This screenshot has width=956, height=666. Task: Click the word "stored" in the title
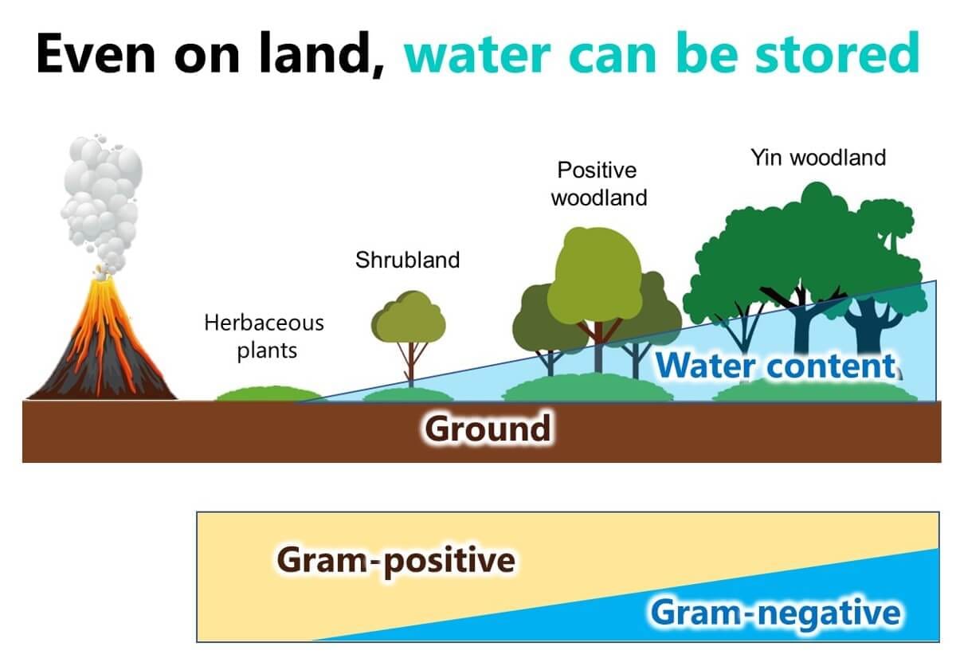(837, 53)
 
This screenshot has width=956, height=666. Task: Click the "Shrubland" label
(408, 260)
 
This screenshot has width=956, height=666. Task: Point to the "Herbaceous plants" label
(264, 337)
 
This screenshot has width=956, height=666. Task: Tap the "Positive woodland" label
(599, 184)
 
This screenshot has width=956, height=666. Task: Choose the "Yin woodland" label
(818, 158)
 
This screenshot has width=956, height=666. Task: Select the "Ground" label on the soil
(488, 429)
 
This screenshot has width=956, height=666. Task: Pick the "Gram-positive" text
(396, 561)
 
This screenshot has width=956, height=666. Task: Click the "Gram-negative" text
(775, 613)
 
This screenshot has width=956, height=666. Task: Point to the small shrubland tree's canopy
(409, 317)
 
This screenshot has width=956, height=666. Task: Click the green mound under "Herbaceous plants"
(269, 394)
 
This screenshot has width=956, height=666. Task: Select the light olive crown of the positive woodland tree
(595, 274)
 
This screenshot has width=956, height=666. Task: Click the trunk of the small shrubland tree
(411, 365)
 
